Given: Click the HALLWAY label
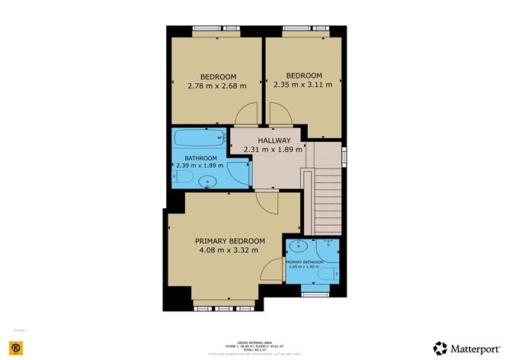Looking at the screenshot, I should click(274, 140).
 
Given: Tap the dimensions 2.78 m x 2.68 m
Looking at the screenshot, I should click(217, 86).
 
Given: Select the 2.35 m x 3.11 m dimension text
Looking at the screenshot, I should click(303, 85).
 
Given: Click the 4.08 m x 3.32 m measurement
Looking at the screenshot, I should click(228, 249).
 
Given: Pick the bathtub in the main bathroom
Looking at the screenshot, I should click(197, 140).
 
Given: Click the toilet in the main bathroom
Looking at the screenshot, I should click(180, 177).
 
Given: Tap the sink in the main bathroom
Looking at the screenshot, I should click(210, 182).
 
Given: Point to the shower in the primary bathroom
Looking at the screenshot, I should click(328, 247).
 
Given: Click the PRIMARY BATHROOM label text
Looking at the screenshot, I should click(310, 261).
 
